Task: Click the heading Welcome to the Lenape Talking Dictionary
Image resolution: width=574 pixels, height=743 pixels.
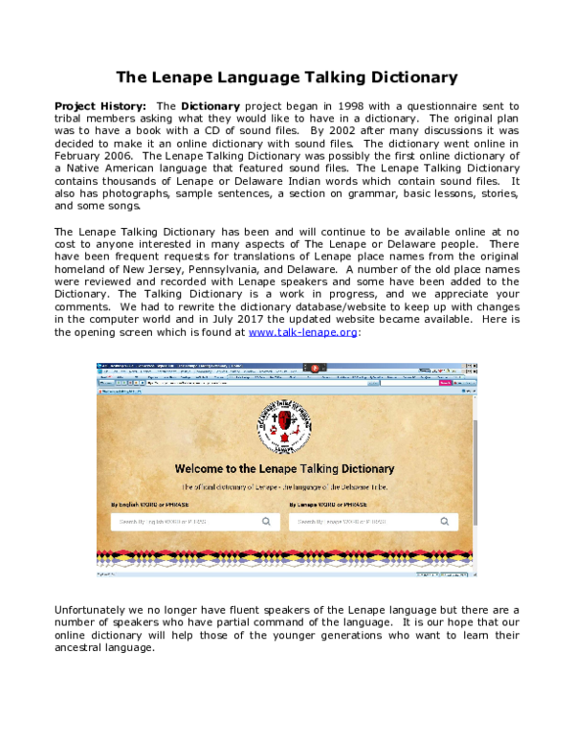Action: click(x=284, y=469)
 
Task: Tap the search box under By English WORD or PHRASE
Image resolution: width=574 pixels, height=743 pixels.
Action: click(x=182, y=522)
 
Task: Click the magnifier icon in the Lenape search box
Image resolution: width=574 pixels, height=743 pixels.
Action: click(x=445, y=522)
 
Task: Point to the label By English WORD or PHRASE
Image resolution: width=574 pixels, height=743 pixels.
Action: click(x=151, y=503)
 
